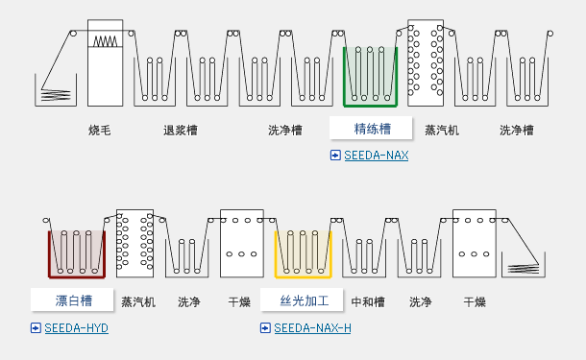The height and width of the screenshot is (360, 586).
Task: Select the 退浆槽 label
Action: [181, 130]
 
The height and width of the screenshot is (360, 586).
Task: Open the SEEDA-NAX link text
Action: [377, 155]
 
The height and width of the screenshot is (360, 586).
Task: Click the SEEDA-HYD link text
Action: [76, 327]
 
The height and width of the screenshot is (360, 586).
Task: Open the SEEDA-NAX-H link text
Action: [312, 327]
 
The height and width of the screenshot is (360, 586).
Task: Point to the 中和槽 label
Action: [368, 301]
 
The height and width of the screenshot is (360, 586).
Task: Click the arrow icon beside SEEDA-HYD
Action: [36, 327]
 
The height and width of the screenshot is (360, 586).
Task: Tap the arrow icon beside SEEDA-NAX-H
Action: [265, 327]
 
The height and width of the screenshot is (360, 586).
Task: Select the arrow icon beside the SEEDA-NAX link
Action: [335, 155]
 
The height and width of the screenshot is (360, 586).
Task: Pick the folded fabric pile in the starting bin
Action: [56, 94]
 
